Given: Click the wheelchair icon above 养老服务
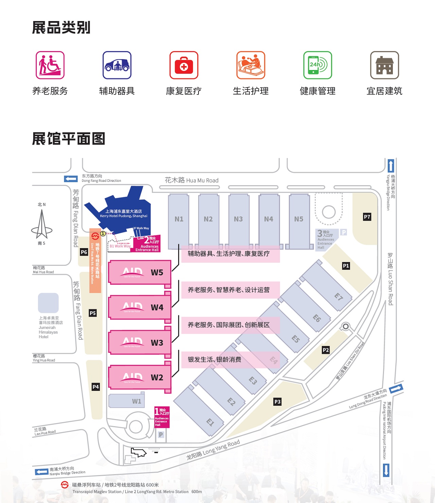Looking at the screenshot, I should pyautogui.click(x=50, y=65).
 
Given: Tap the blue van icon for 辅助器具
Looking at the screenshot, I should pyautogui.click(x=117, y=65).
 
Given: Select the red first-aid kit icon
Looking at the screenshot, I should pyautogui.click(x=184, y=65).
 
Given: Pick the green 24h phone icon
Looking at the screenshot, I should pyautogui.click(x=317, y=65).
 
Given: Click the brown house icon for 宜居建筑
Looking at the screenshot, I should pyautogui.click(x=384, y=65).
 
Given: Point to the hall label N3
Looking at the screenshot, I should pyautogui.click(x=238, y=219).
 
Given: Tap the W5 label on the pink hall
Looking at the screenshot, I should pyautogui.click(x=157, y=273).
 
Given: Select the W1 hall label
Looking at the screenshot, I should pyautogui.click(x=137, y=401).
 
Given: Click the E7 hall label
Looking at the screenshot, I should pyautogui.click(x=338, y=297).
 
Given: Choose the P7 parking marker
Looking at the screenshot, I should pyautogui.click(x=367, y=217).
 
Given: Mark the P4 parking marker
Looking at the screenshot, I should pyautogui.click(x=96, y=387).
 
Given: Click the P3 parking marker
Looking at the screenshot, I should pyautogui.click(x=277, y=402).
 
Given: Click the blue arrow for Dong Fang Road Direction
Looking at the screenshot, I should pyautogui.click(x=71, y=179).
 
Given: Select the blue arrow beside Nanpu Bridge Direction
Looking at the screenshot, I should pyautogui.click(x=41, y=472).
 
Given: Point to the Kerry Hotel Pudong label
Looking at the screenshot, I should pyautogui.click(x=124, y=213).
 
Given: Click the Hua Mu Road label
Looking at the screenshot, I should pyautogui.click(x=192, y=180).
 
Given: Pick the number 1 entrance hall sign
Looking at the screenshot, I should pyautogui.click(x=162, y=417).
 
